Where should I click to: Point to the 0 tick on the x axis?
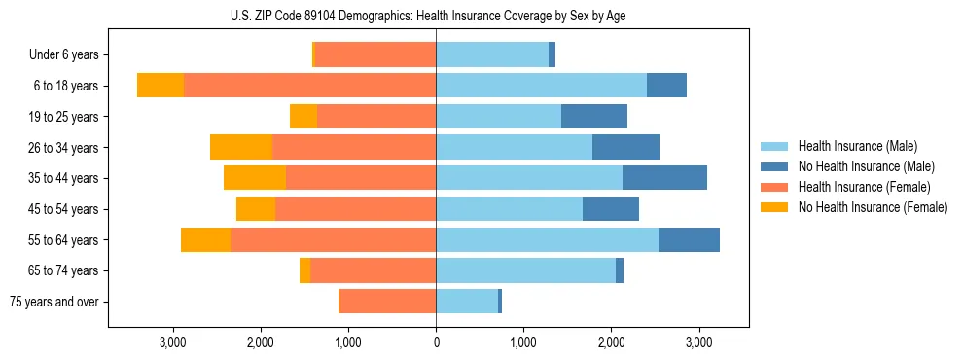click(x=436, y=342)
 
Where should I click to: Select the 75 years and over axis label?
click(x=53, y=302)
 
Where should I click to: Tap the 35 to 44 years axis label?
click(x=65, y=178)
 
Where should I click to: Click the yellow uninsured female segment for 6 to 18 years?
click(x=160, y=86)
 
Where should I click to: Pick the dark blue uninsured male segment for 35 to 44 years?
click(x=664, y=178)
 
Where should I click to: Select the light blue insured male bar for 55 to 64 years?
click(x=547, y=239)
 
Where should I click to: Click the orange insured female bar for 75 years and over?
click(x=387, y=302)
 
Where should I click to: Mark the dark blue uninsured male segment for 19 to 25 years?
click(x=594, y=117)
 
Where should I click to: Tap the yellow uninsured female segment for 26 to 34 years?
click(x=240, y=147)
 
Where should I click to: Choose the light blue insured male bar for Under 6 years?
click(x=492, y=54)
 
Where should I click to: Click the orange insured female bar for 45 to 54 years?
click(x=355, y=209)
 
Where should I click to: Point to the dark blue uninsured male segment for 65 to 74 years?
click(x=620, y=270)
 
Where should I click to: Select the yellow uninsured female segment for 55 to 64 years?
click(x=205, y=239)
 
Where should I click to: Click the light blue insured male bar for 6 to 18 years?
click(x=541, y=86)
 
